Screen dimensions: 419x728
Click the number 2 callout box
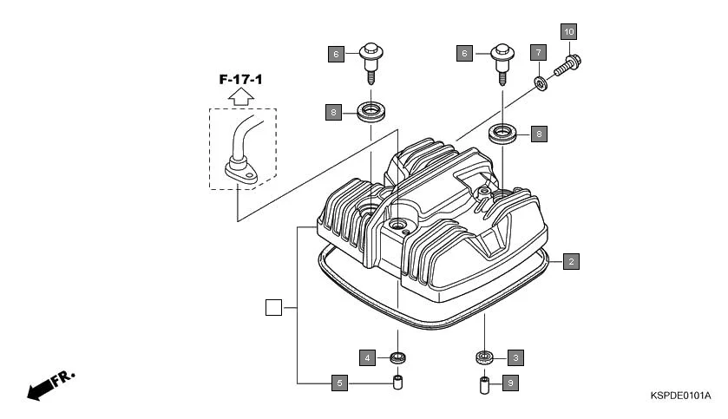pos(570,260)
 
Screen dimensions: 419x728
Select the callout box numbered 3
pos(515,357)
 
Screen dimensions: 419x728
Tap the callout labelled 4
pos(368,357)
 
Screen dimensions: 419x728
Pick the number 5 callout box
pos(339,383)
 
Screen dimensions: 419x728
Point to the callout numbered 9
pos(511,383)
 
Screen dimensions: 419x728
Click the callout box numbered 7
pos(537,52)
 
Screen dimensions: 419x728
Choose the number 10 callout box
pos(569,32)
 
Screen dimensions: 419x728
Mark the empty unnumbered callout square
pos(272,307)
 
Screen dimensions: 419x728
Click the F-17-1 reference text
pos(240,80)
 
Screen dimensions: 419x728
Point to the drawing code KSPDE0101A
pos(680,396)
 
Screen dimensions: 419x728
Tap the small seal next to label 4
pos(398,357)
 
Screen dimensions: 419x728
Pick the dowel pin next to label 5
pos(398,382)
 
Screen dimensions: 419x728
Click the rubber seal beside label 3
pos(484,357)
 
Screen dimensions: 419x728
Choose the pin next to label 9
pos(485,383)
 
